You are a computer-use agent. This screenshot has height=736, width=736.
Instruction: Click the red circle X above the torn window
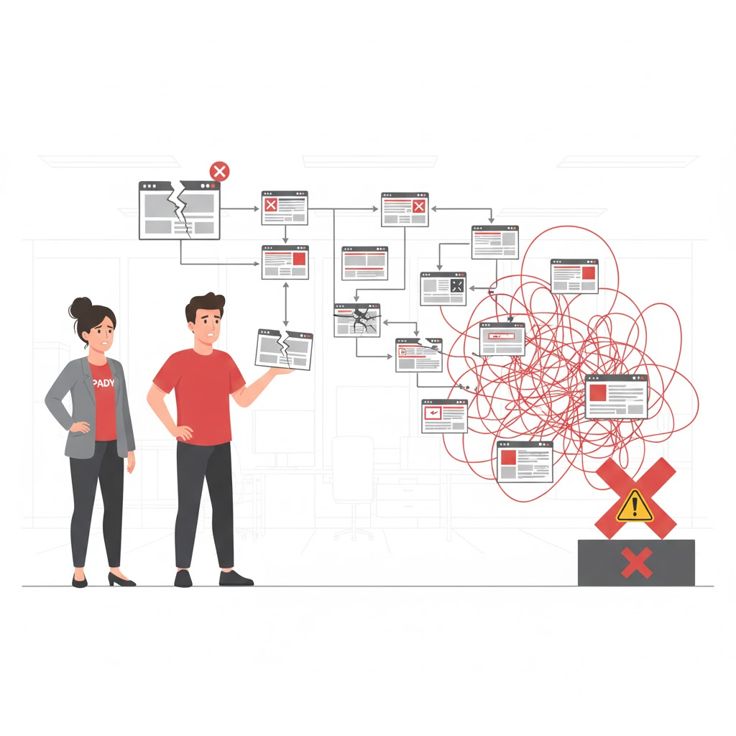[x=219, y=171]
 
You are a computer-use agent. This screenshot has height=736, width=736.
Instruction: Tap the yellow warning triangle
[x=634, y=505]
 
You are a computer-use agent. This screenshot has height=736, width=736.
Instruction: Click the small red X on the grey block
[x=636, y=562]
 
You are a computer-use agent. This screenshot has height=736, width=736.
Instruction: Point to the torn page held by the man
[x=284, y=349]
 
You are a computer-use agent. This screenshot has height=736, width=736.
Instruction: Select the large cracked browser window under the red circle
[x=179, y=211]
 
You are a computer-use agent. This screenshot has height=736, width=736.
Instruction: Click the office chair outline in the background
[x=352, y=482]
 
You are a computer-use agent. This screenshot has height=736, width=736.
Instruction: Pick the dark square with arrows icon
[x=457, y=285]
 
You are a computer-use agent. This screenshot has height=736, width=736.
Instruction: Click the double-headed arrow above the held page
[x=286, y=304]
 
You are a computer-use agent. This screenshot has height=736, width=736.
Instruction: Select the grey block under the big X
[x=636, y=562]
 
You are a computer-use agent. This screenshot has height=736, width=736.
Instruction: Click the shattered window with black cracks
[x=357, y=320]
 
